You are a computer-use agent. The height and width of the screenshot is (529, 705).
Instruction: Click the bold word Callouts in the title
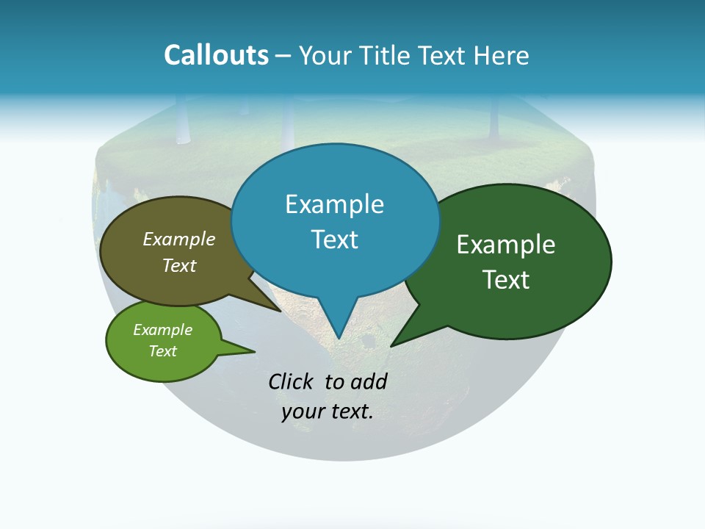(216, 56)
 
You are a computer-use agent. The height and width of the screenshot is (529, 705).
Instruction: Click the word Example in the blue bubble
(334, 204)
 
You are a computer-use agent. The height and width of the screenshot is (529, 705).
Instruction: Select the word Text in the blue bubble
(334, 240)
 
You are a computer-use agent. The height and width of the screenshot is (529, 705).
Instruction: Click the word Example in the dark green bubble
(506, 245)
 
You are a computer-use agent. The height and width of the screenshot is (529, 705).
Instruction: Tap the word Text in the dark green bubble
(506, 280)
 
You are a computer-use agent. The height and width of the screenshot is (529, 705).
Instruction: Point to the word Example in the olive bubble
(179, 240)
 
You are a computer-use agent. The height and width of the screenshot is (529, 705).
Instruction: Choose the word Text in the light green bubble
(162, 351)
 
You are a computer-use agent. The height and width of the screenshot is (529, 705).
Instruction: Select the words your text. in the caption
(328, 412)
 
